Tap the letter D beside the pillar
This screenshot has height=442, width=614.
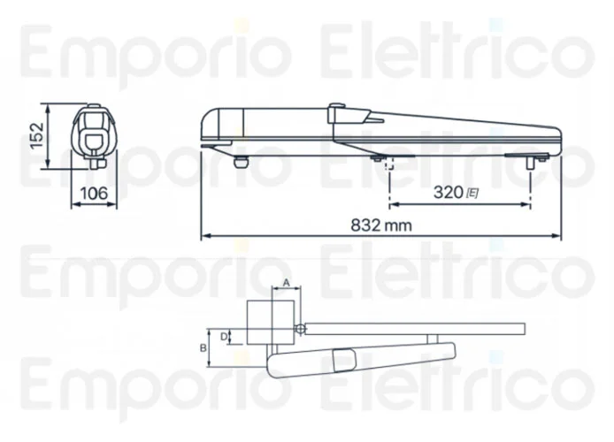tap(224, 336)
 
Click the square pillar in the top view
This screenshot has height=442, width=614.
tap(271, 321)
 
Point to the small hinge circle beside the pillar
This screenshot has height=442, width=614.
tap(303, 330)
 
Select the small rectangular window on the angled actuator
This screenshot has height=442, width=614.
tap(342, 358)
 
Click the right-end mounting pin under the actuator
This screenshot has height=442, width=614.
tap(532, 163)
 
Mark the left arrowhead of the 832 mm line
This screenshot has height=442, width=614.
tap(205, 236)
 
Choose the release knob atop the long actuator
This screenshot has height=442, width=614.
tap(334, 112)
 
